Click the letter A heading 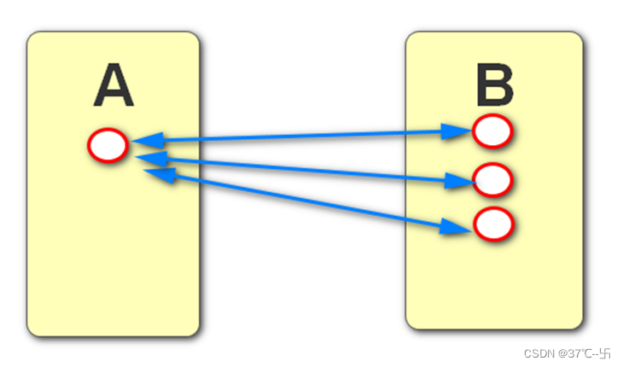click(114, 87)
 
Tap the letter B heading click(494, 87)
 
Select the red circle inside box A click(108, 146)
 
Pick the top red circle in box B click(492, 131)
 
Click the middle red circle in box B click(492, 180)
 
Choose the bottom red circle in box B click(492, 224)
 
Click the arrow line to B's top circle click(299, 135)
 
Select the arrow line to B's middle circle click(299, 168)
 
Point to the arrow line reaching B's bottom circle click(299, 199)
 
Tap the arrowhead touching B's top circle click(457, 131)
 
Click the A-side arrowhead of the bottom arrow click(160, 173)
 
